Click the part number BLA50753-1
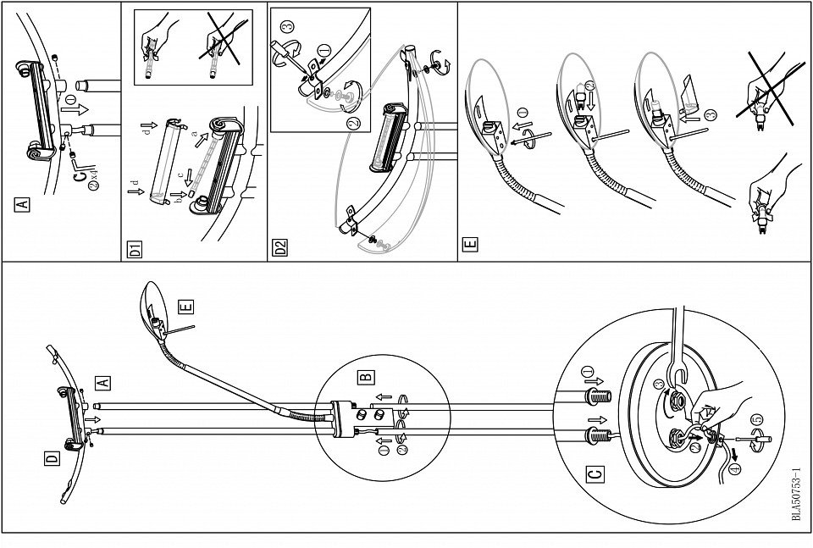796,495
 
